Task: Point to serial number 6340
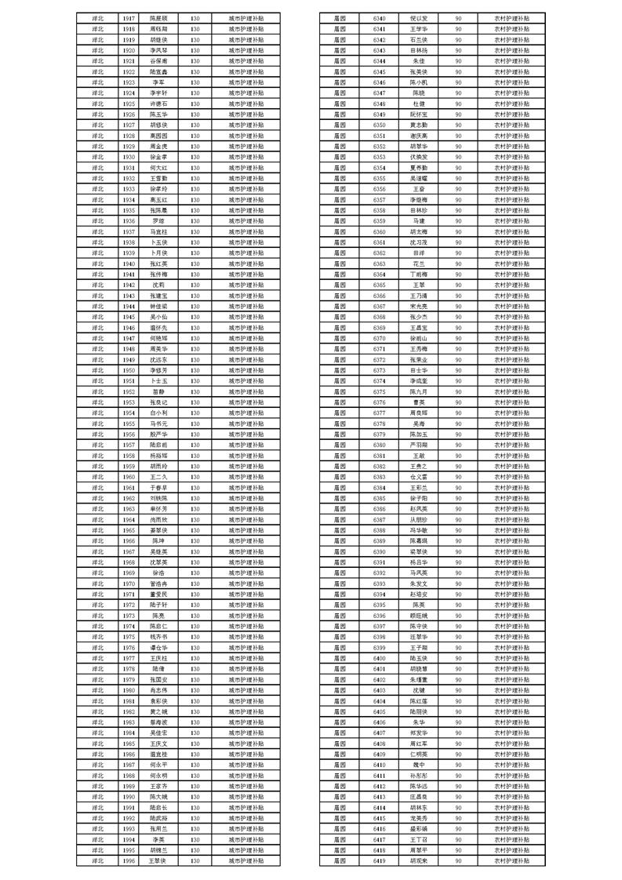tap(379, 16)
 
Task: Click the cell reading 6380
tap(379, 444)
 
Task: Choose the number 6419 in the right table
tap(379, 860)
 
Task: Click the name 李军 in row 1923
tap(158, 81)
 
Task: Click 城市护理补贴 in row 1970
tap(246, 583)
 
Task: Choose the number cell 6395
tap(379, 604)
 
